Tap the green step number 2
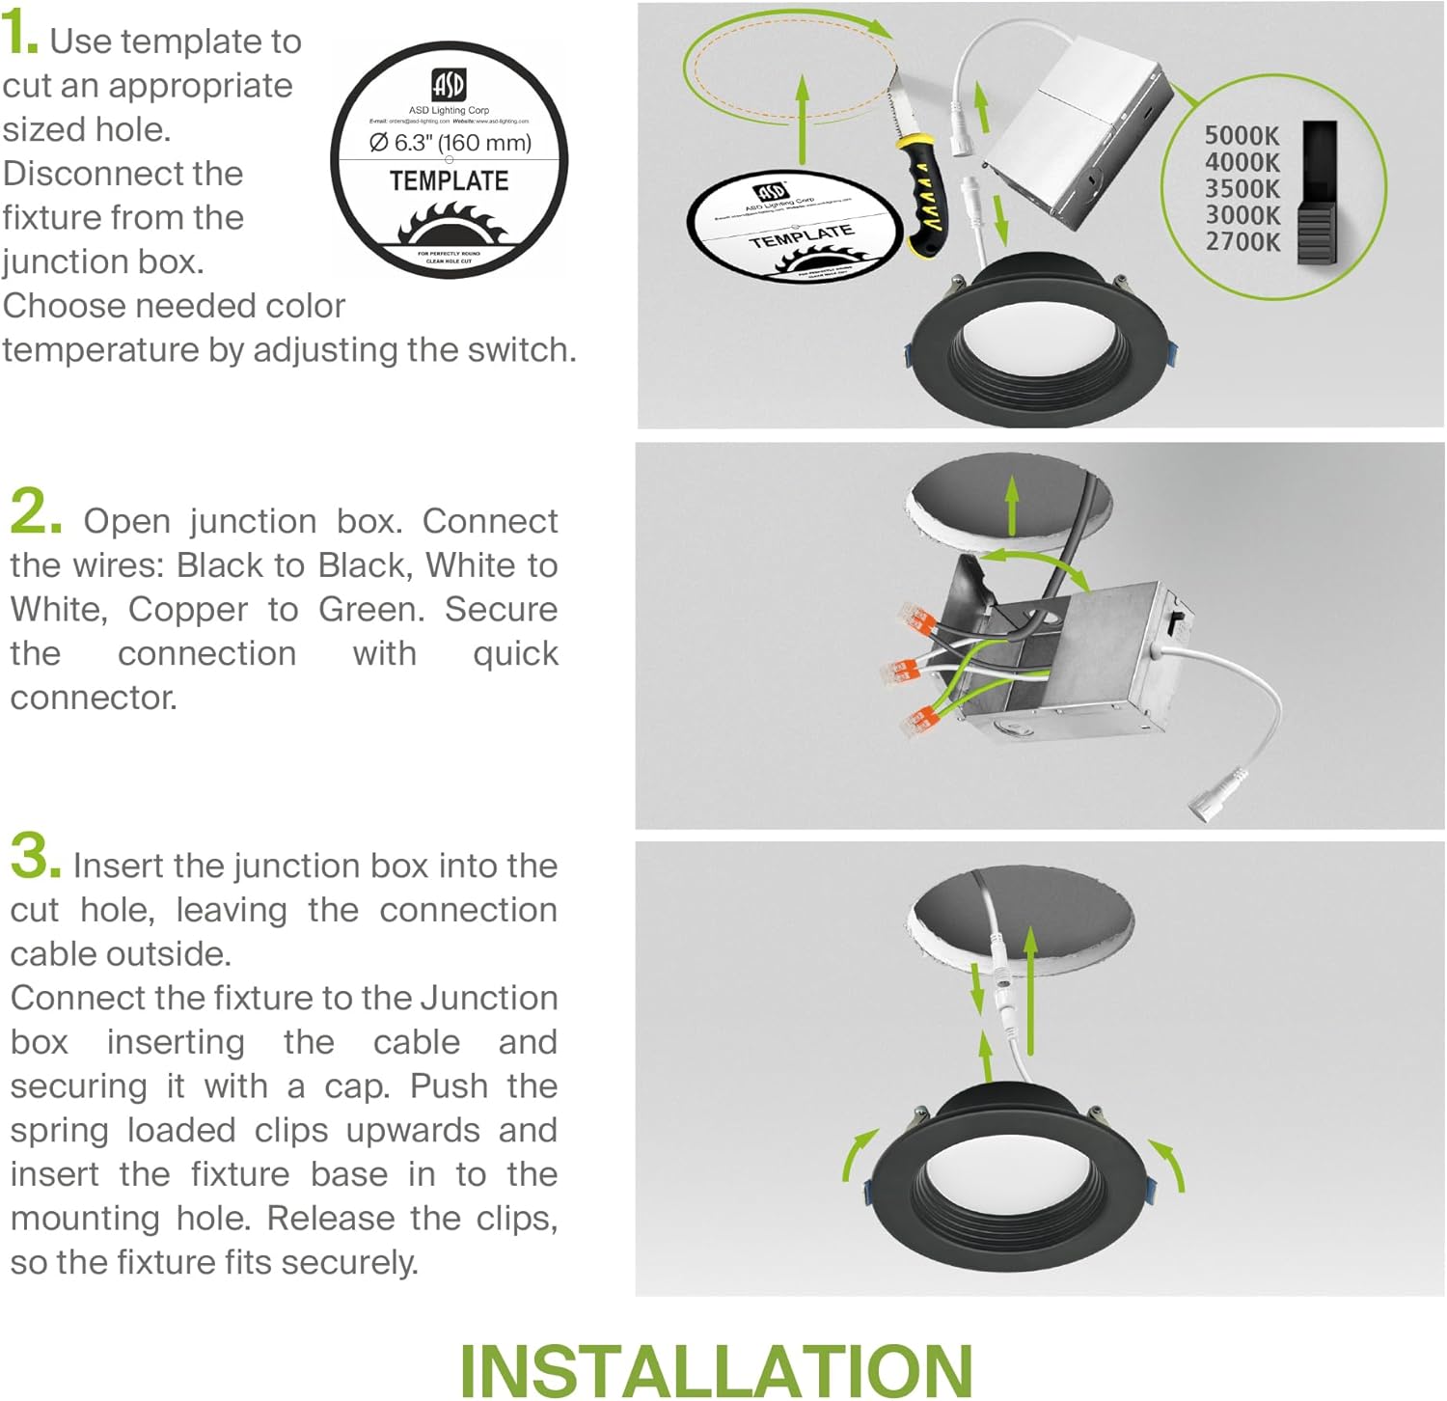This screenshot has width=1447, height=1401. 35,511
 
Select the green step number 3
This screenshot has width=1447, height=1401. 35,857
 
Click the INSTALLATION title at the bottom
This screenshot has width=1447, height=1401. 716,1369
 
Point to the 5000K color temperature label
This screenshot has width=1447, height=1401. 1242,136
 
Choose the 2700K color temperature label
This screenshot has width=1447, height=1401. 1242,241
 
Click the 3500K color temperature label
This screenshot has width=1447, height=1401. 1242,189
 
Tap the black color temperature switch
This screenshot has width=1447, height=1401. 1318,193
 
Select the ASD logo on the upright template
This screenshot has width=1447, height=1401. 449,85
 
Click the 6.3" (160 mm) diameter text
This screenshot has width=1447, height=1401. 450,143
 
